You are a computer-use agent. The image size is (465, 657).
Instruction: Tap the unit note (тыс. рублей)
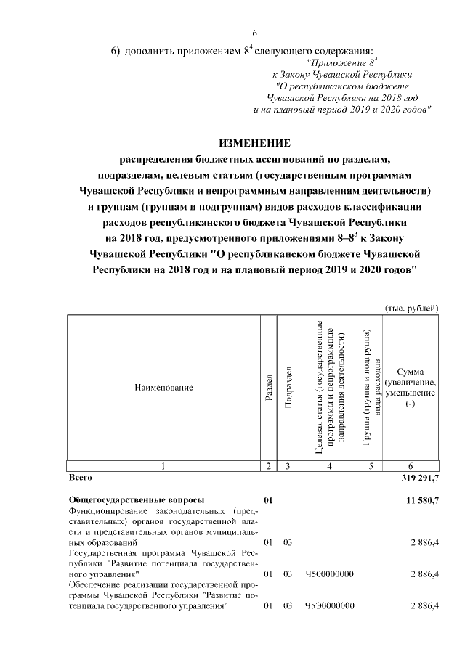click(412, 309)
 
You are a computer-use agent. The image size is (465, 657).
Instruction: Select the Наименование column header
click(163, 388)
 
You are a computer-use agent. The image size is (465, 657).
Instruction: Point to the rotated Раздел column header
click(269, 388)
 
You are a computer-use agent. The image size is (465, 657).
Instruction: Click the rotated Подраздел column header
click(288, 388)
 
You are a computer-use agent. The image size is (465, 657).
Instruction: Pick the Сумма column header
click(411, 388)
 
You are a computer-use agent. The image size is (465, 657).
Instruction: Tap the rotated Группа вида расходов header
click(371, 388)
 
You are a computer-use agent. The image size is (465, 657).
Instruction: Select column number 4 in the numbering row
click(330, 466)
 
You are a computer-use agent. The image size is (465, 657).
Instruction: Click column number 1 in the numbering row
click(163, 466)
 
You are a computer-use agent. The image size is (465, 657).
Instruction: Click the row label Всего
click(80, 478)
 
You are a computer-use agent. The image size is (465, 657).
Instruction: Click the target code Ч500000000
click(330, 574)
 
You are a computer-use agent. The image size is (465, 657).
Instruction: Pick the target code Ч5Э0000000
click(330, 606)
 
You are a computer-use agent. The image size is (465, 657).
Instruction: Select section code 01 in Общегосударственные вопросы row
click(269, 500)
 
